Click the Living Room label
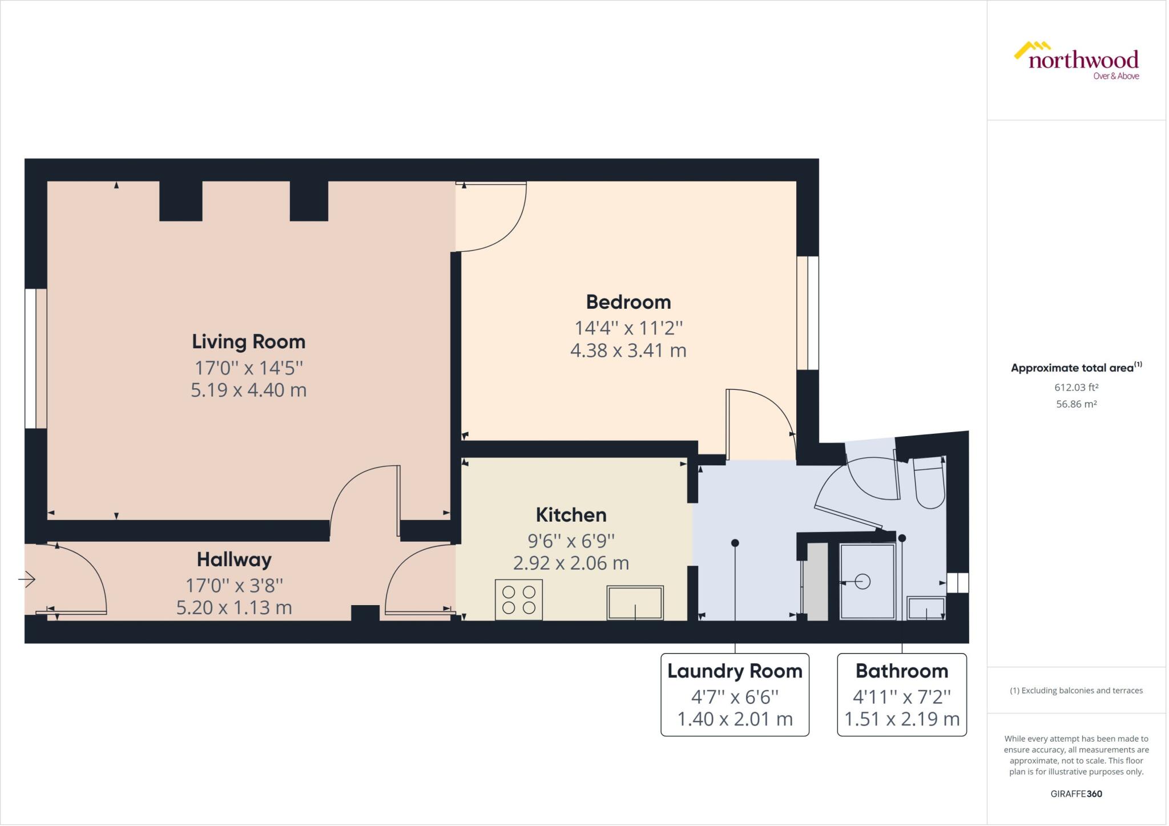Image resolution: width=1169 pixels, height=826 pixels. pyautogui.click(x=248, y=341)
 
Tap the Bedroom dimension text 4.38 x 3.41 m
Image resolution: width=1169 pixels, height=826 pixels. pyautogui.click(x=628, y=350)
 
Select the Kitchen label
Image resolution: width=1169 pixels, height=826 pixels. pyautogui.click(x=571, y=515)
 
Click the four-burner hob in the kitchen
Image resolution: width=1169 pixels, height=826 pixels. pyautogui.click(x=519, y=600)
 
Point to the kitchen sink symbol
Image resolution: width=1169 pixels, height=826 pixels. pyautogui.click(x=635, y=603)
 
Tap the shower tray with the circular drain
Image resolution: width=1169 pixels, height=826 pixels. pyautogui.click(x=867, y=582)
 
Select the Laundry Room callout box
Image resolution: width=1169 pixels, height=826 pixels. pyautogui.click(x=735, y=695)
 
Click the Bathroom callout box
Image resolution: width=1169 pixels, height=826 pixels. pyautogui.click(x=902, y=695)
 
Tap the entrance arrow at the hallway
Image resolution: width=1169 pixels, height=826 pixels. pyautogui.click(x=27, y=580)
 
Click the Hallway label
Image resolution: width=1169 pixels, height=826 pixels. pyautogui.click(x=234, y=559)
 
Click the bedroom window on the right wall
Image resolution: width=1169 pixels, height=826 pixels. pyautogui.click(x=808, y=313)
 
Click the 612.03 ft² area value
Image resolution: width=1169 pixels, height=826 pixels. pyautogui.click(x=1076, y=387)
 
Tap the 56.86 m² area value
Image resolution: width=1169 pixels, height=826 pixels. pyautogui.click(x=1076, y=404)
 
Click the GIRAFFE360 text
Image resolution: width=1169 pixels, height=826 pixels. pyautogui.click(x=1076, y=793)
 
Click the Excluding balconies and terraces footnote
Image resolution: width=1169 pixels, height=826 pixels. pyautogui.click(x=1076, y=690)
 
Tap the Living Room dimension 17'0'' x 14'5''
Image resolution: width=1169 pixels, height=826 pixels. pyautogui.click(x=248, y=368)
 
